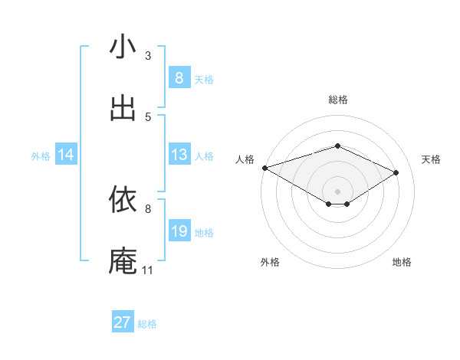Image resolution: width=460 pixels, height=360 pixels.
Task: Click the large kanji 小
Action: [x=123, y=47]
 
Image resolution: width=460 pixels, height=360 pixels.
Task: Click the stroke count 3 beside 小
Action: [x=148, y=55]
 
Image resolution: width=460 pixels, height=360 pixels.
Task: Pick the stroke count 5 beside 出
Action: [x=148, y=116]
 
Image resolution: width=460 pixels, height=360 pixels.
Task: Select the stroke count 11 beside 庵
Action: [x=147, y=270]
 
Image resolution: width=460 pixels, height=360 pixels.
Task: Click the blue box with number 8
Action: [x=179, y=77]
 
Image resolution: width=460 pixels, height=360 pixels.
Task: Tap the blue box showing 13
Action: [x=179, y=155]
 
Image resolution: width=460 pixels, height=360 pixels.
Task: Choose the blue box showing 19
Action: [x=179, y=231]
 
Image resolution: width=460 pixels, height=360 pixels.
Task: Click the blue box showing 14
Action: [x=66, y=155]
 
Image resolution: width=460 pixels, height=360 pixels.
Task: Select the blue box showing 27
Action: [x=123, y=322]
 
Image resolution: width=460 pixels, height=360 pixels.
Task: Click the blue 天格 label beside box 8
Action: [x=204, y=79]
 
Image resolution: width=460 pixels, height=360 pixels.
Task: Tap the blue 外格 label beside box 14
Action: [x=41, y=156]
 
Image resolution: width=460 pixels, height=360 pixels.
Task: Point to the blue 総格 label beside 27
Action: [x=147, y=324]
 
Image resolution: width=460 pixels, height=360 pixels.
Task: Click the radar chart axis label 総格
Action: [x=337, y=100]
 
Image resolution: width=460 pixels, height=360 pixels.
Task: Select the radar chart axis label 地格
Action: [x=402, y=262]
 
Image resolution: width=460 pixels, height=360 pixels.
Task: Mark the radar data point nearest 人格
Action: [x=264, y=168]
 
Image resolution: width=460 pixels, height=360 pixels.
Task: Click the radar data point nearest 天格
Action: [x=396, y=173]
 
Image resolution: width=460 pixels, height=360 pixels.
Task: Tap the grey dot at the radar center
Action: [x=337, y=191]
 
